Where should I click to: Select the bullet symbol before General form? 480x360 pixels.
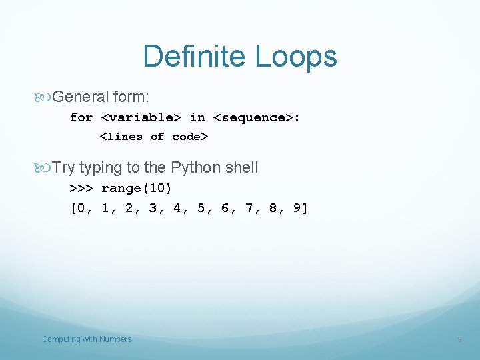(45, 97)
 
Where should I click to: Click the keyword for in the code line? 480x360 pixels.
(81, 117)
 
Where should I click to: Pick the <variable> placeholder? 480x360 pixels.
(141, 117)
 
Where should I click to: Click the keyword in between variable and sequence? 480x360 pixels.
(197, 117)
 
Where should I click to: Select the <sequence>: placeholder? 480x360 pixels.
(257, 117)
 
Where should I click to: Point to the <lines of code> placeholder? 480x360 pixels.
(154, 137)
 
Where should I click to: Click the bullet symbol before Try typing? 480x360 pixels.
(45, 167)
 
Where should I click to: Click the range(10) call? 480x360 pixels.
(137, 188)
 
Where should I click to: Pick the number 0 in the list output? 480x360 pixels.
(81, 208)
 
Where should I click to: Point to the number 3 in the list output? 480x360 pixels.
(153, 208)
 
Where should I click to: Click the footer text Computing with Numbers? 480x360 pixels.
(87, 339)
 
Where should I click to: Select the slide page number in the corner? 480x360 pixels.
(459, 340)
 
